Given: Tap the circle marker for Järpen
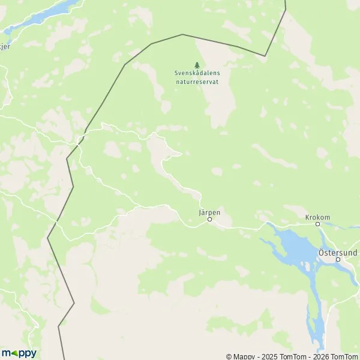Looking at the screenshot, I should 209,220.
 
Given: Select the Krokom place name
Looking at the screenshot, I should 318,217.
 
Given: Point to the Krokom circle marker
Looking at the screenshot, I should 318,224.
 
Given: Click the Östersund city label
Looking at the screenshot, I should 337,253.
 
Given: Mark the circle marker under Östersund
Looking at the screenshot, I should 338,260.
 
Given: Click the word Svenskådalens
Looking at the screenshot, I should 197,73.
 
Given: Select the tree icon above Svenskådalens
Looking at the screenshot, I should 197,65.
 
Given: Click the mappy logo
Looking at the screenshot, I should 19,353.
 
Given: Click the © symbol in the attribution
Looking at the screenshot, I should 229,356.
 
